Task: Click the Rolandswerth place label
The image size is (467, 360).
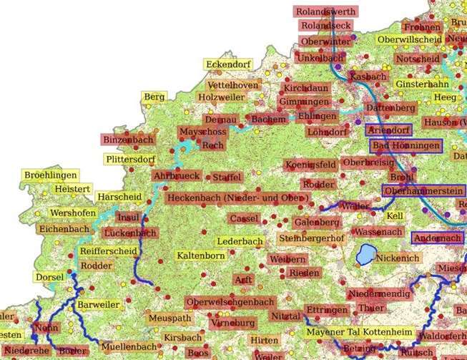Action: (325, 11)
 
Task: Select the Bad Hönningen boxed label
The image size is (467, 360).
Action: (406, 145)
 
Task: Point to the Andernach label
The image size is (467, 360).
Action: (437, 238)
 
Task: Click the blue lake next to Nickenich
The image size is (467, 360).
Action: (365, 254)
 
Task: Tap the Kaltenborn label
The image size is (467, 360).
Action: (201, 256)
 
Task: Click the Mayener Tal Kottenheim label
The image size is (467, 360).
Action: (358, 333)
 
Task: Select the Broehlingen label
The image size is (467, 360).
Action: (50, 175)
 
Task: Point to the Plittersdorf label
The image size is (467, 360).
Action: (129, 159)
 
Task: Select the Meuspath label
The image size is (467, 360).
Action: (170, 318)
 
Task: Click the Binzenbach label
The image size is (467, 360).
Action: (128, 140)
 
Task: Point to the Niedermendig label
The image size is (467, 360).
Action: (380, 294)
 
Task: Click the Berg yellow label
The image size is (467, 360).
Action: (154, 97)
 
